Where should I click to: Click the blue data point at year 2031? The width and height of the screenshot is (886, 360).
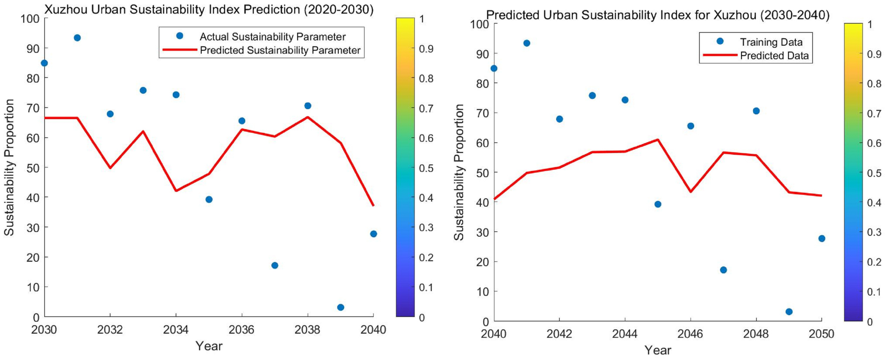click(x=77, y=38)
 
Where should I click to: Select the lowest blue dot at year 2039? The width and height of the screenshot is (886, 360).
click(x=340, y=307)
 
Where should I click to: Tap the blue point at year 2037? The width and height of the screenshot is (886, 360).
click(x=274, y=265)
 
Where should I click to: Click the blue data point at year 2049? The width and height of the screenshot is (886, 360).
click(x=789, y=312)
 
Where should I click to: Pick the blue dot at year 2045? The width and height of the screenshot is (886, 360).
click(x=658, y=204)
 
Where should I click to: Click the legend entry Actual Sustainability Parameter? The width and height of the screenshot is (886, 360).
click(x=272, y=37)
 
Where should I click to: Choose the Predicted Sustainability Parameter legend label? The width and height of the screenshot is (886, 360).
click(x=280, y=50)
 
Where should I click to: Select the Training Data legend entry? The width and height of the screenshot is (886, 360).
click(x=771, y=42)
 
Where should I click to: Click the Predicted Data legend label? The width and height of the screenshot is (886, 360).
click(x=774, y=55)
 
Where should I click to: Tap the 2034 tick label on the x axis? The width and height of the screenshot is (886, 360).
click(x=176, y=330)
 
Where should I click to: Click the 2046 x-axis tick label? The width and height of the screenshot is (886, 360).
click(x=690, y=334)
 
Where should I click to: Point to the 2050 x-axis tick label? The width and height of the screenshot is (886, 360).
click(x=821, y=334)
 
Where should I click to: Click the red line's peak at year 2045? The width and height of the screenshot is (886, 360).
click(x=658, y=140)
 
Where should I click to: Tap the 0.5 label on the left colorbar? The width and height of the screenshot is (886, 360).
click(x=426, y=168)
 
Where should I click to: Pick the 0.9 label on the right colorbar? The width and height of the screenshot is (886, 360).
click(x=874, y=54)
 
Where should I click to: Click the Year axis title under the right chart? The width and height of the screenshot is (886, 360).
click(x=658, y=350)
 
